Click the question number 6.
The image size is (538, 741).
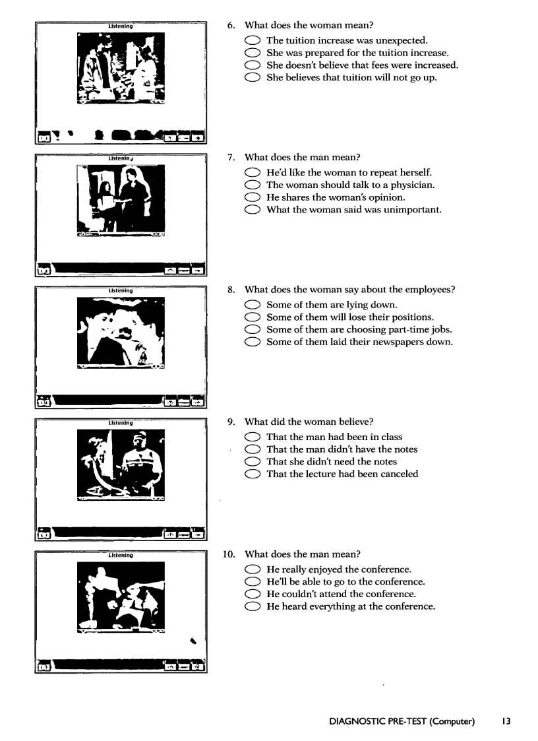click(231, 26)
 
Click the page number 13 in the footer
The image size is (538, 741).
click(505, 721)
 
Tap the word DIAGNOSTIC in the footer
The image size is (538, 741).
click(356, 721)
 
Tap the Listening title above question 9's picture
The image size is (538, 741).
click(121, 423)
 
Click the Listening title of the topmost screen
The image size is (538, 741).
click(121, 26)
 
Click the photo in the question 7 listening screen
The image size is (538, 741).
click(121, 200)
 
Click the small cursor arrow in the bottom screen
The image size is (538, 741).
click(193, 639)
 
